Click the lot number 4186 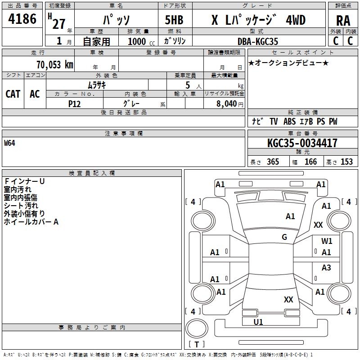(x=22, y=19)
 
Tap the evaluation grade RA (x=343, y=20)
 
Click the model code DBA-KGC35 (x=258, y=41)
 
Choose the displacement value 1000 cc (x=137, y=41)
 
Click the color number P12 (x=74, y=103)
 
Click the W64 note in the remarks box (x=9, y=144)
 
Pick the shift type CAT (x=13, y=94)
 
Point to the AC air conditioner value (x=35, y=94)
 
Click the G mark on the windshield (x=284, y=237)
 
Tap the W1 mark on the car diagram (x=327, y=241)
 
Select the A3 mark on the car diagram (x=326, y=268)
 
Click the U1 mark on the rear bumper (x=258, y=322)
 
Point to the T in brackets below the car (x=196, y=345)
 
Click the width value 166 (x=310, y=162)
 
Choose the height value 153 (x=346, y=162)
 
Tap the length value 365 (x=273, y=162)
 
